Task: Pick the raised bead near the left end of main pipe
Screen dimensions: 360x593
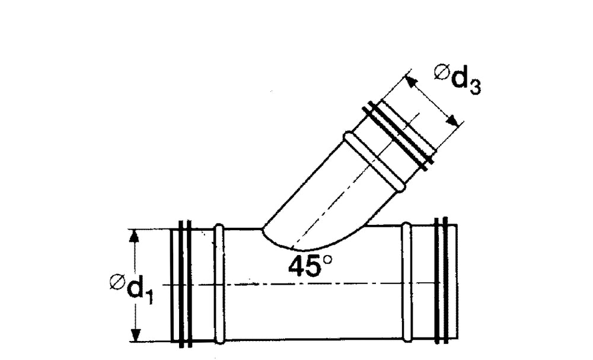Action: (x=219, y=283)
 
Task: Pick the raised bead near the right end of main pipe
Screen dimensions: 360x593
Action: (x=406, y=283)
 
